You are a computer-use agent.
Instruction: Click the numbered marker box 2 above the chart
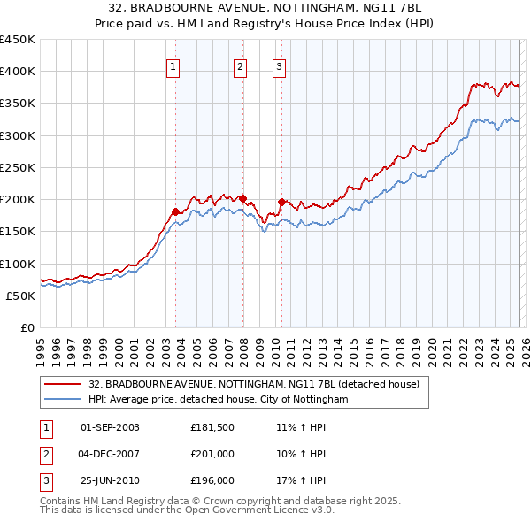tap(241, 65)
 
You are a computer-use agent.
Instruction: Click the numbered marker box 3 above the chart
tap(279, 65)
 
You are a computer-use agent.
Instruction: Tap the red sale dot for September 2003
tap(175, 211)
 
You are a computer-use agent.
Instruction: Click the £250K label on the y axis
tap(18, 167)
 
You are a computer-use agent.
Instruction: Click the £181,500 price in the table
tap(212, 427)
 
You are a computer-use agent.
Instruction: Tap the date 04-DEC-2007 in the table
tap(110, 454)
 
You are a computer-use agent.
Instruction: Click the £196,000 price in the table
tap(212, 480)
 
